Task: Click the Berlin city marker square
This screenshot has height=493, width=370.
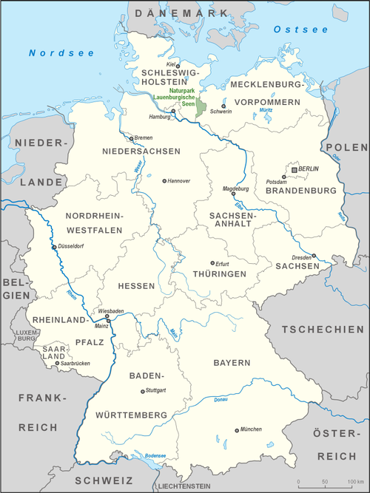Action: click(x=295, y=169)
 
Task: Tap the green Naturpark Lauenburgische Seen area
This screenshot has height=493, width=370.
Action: click(x=197, y=100)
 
